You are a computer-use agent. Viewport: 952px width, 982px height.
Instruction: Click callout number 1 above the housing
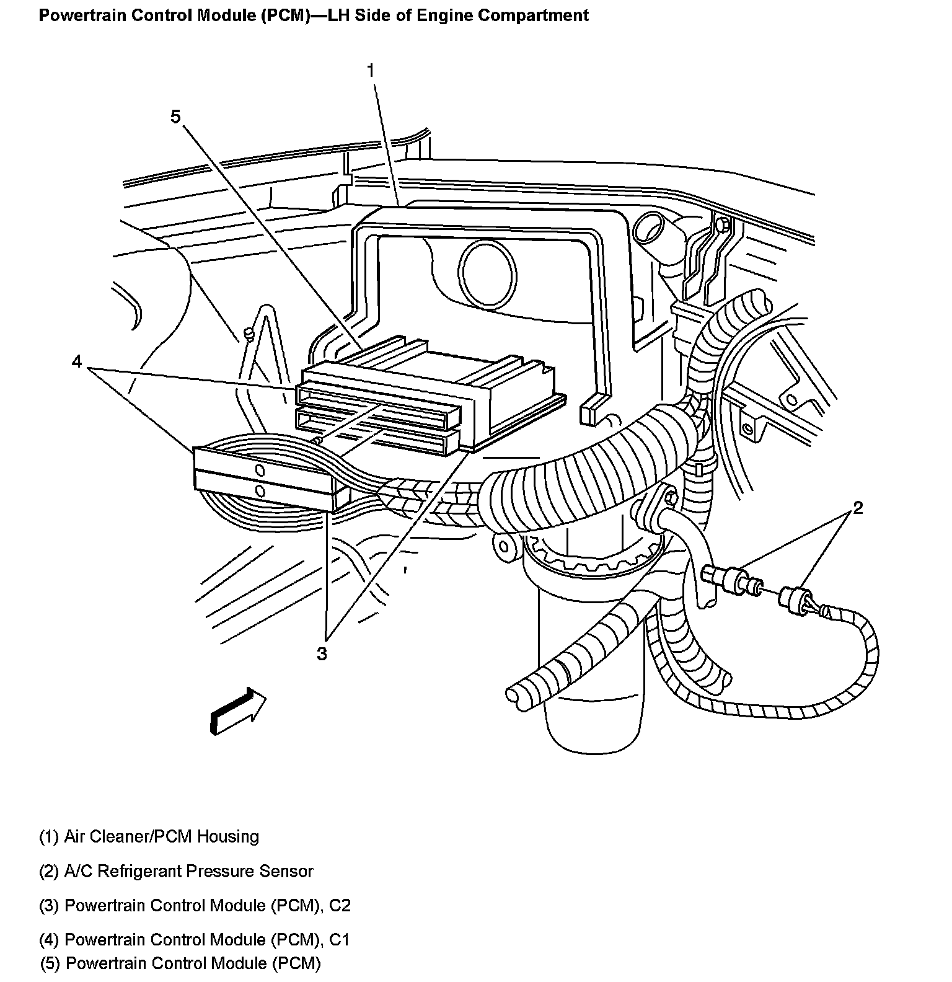pos(370,71)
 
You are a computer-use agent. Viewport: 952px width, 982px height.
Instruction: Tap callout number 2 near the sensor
pos(857,508)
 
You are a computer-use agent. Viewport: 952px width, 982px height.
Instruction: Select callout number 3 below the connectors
pos(321,653)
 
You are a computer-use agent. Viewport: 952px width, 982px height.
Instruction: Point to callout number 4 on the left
pos(76,361)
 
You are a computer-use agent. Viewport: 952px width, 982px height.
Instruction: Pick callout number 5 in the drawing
pos(175,116)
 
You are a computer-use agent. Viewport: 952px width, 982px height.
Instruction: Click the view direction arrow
pos(238,710)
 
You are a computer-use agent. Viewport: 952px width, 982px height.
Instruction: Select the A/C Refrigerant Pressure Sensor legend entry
pos(176,871)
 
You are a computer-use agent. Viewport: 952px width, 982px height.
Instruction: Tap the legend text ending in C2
pos(195,905)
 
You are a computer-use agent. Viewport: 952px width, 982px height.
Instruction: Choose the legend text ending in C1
pos(194,940)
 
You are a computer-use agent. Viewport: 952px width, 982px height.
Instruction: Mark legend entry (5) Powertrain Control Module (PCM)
pos(181,963)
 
